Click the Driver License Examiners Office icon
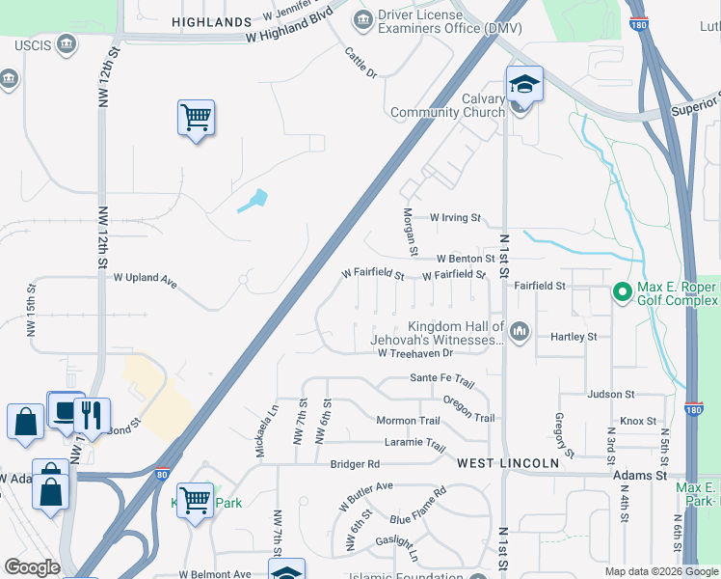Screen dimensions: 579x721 click(363, 18)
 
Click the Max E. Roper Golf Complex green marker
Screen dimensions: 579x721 click(623, 290)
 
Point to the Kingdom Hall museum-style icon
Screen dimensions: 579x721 click(521, 333)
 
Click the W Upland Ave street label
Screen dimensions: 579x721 click(146, 278)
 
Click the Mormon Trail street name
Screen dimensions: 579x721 click(408, 421)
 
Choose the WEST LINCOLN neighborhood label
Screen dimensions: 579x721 click(507, 464)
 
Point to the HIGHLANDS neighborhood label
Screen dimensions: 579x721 click(211, 21)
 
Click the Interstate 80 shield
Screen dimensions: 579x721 click(163, 475)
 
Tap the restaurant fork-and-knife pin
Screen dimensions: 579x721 click(92, 415)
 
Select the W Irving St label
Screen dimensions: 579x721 click(455, 218)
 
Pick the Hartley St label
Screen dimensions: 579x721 click(574, 337)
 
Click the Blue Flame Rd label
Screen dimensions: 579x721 click(419, 505)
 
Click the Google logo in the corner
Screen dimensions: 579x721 click(32, 567)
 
